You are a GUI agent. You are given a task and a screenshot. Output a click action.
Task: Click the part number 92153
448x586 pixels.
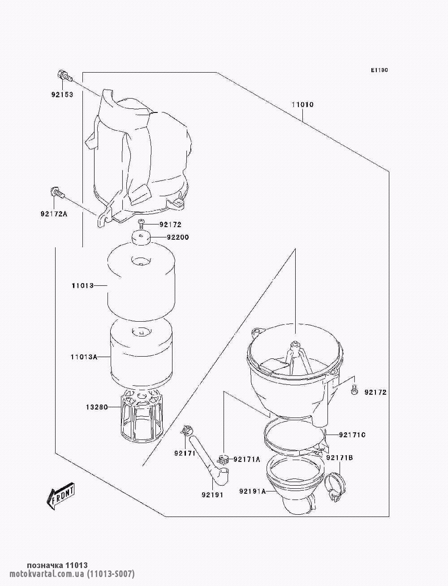[62, 95]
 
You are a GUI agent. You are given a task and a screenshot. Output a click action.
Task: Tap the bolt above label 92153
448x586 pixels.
[64, 76]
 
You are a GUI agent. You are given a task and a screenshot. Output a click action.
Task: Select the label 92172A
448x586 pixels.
[54, 214]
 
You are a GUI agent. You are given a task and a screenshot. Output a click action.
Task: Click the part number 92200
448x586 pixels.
[178, 237]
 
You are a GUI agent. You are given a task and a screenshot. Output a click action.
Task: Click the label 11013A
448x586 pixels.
[84, 357]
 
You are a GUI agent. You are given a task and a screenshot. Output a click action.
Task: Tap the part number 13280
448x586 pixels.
[97, 407]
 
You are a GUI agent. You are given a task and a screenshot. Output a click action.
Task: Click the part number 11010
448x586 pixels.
[302, 105]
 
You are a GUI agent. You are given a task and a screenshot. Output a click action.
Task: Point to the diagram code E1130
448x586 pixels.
[379, 70]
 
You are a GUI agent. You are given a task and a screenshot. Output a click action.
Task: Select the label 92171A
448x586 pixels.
[247, 459]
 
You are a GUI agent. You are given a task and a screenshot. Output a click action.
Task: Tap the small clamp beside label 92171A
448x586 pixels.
[224, 460]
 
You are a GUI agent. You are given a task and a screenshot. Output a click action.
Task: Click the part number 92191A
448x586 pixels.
[253, 491]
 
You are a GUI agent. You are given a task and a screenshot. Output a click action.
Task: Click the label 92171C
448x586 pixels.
[352, 435]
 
